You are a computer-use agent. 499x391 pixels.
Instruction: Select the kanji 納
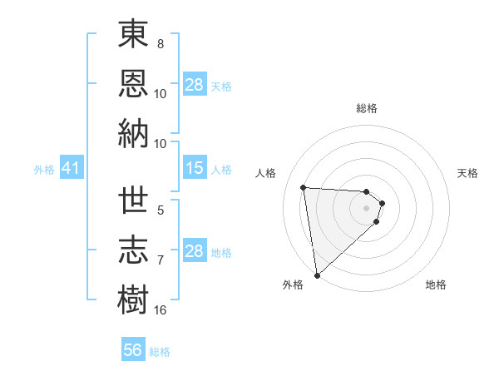[134, 134]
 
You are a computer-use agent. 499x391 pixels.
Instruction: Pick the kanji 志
[134, 250]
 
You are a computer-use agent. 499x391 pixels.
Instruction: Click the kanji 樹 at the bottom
[134, 299]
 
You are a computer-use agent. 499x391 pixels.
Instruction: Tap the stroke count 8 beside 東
[161, 44]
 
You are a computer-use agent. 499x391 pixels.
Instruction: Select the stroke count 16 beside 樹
[161, 310]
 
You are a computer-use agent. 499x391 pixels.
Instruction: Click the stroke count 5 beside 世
[161, 210]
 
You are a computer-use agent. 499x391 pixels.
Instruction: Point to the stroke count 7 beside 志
[161, 260]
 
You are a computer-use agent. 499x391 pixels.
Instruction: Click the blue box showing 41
[71, 169]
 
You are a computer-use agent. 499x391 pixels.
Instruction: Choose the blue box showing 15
[194, 169]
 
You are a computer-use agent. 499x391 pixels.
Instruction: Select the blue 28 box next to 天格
[194, 85]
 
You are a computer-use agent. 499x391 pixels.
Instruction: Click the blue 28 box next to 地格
[194, 252]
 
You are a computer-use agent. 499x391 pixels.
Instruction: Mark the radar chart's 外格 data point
[317, 275]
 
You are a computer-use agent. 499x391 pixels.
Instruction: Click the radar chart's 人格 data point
[304, 187]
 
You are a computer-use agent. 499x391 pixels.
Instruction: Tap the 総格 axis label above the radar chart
[367, 108]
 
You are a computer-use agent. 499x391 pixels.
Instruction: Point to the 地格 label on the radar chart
[436, 285]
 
